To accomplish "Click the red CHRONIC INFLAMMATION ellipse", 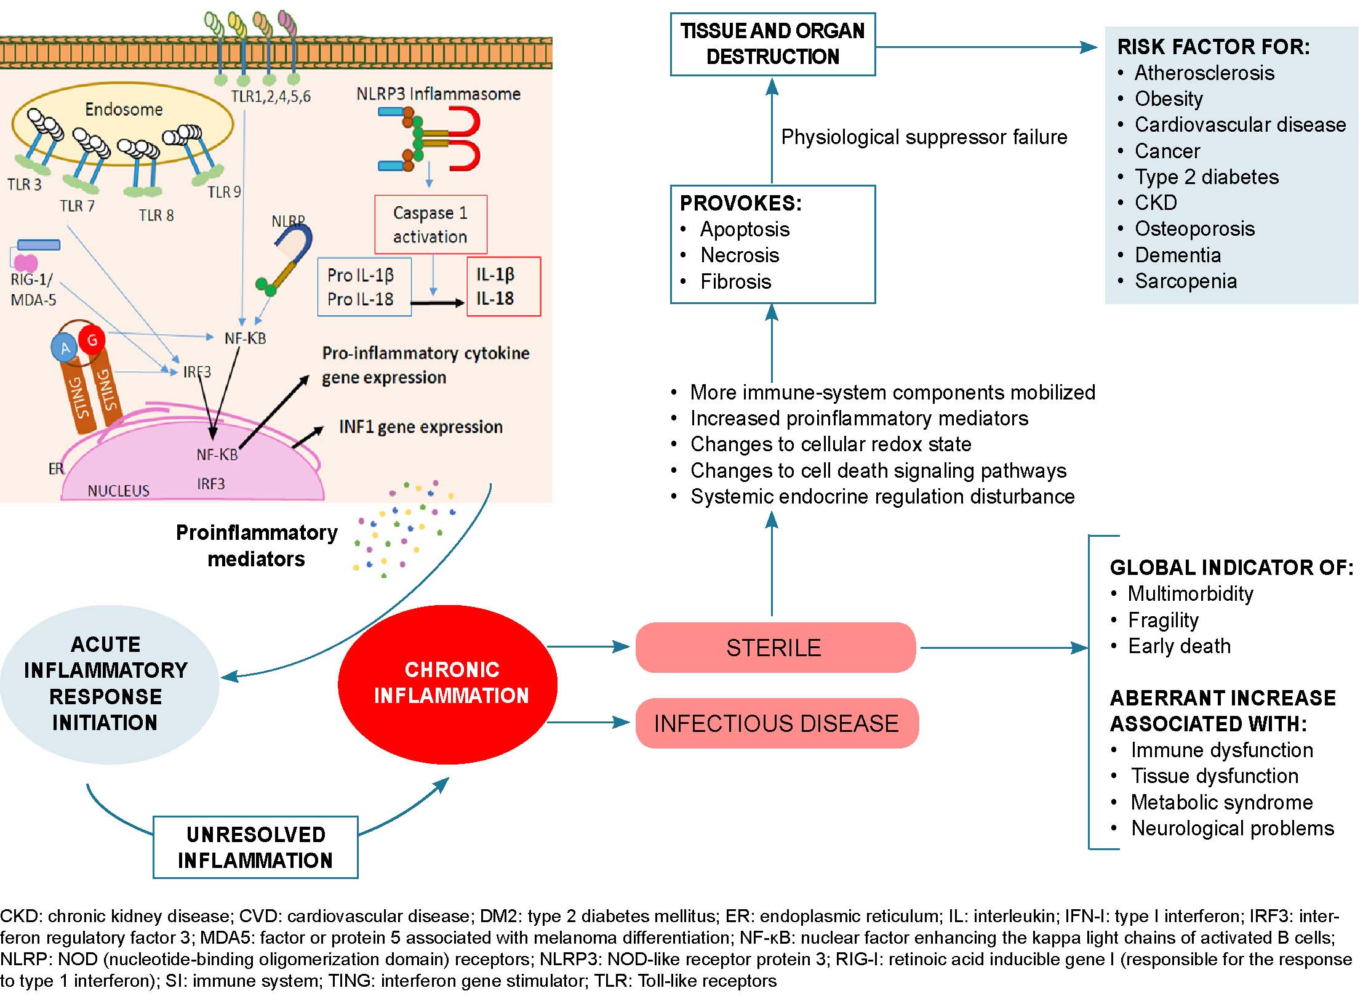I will tap(448, 683).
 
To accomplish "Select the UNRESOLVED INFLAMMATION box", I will tap(255, 847).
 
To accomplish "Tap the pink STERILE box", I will tap(775, 648).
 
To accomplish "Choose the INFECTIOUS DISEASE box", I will tap(777, 723).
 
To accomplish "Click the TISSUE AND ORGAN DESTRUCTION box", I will tap(772, 44).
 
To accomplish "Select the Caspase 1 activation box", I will tap(431, 225).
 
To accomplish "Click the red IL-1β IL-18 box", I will tap(503, 286).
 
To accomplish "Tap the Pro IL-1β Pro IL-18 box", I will tap(364, 287).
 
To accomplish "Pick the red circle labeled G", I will tap(92, 339).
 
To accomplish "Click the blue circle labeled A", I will tap(65, 348).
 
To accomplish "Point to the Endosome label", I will tap(124, 110).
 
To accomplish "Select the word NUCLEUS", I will tap(118, 491).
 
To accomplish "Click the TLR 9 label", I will tap(224, 192).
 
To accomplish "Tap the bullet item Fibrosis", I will tap(735, 281).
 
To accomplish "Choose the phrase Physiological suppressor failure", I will tap(924, 137).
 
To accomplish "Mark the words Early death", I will tap(1179, 646).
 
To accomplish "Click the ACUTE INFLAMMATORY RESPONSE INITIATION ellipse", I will tap(106, 683).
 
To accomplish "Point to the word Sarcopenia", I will tap(1186, 281).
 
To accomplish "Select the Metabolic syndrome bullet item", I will tap(1221, 802).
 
